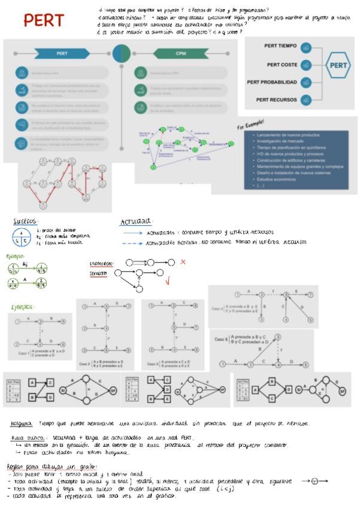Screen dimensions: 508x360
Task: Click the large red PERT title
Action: click(x=44, y=20)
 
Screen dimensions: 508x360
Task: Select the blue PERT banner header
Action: click(x=62, y=53)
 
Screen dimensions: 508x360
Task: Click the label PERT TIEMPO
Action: click(x=280, y=46)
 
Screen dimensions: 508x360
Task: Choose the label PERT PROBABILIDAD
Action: click(x=272, y=82)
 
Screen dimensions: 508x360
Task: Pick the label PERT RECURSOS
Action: click(x=276, y=100)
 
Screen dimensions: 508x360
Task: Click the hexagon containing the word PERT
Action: click(x=338, y=65)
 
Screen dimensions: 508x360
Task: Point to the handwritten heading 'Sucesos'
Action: click(x=25, y=221)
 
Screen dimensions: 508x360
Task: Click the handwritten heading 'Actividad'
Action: click(x=136, y=222)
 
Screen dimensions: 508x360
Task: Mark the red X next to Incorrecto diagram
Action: click(x=183, y=262)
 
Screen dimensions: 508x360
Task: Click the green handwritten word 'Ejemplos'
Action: click(x=22, y=307)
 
